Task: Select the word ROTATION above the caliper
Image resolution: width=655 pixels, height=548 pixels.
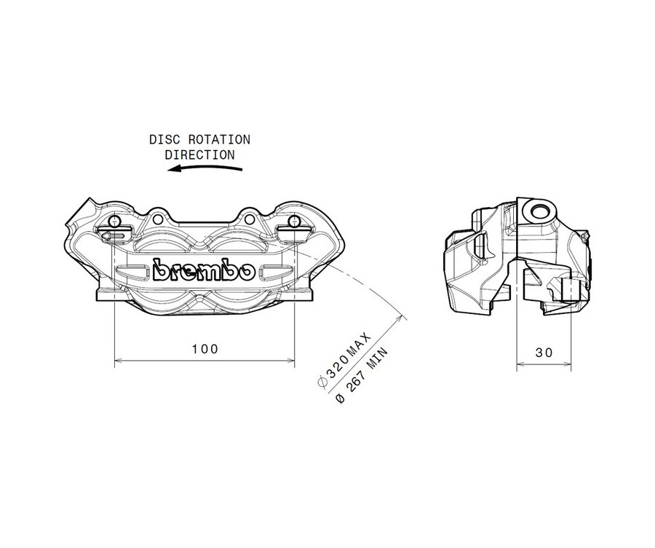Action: tap(216, 139)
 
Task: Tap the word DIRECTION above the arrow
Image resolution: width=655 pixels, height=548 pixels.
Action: tap(199, 154)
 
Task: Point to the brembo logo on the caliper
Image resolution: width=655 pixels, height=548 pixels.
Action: tap(204, 270)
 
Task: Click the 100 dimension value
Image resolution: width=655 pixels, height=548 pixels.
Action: tap(205, 349)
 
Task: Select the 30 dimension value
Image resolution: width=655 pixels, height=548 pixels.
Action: tap(544, 352)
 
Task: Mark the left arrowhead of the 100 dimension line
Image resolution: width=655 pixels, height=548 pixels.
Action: tap(119, 360)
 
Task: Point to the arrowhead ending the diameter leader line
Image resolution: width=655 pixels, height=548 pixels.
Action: tap(401, 316)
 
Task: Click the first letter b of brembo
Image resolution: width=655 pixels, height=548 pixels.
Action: tap(159, 270)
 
